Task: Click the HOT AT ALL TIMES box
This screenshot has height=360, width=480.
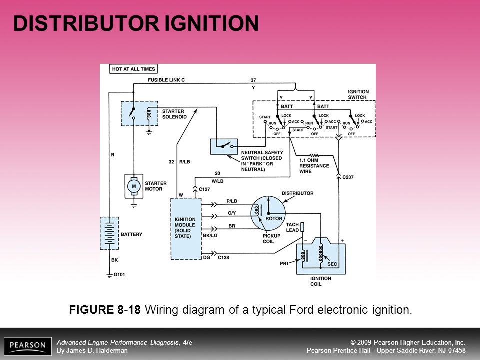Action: tap(134, 69)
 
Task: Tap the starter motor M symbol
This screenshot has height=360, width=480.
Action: tap(134, 186)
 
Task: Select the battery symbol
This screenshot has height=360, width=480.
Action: tap(109, 233)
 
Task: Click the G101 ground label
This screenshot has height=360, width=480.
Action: tap(119, 274)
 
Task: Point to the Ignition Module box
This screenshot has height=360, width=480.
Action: tap(186, 229)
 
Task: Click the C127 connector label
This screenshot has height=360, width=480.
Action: tap(204, 189)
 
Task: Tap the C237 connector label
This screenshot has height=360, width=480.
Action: tap(348, 177)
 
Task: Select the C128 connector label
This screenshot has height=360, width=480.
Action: tap(223, 258)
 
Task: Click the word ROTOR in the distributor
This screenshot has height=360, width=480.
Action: tap(274, 219)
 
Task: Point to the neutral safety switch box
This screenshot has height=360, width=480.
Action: tap(224, 146)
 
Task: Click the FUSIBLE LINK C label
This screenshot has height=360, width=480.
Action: tap(166, 80)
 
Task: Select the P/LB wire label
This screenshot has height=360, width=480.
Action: tap(232, 201)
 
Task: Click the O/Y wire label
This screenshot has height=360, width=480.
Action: tap(232, 213)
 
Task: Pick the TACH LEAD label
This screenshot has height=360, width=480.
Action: tap(292, 227)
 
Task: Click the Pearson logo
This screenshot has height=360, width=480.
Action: tap(28, 346)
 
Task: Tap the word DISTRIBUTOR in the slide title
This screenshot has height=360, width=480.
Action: tap(86, 23)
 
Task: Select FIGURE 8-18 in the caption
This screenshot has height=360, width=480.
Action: tap(105, 310)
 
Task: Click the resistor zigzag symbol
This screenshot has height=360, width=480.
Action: tap(314, 156)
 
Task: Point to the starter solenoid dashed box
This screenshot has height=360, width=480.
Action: tap(140, 113)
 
